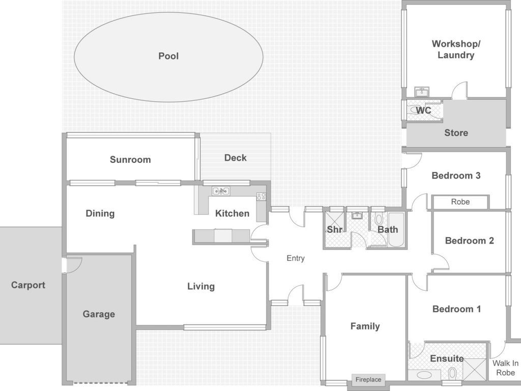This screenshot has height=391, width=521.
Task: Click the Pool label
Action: tap(168, 56)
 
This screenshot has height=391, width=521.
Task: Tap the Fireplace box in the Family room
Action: tap(368, 380)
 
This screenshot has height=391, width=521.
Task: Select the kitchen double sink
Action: tap(221, 191)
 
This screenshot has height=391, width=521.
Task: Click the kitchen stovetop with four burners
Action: tap(261, 196)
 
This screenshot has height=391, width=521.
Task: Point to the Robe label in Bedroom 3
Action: tap(460, 202)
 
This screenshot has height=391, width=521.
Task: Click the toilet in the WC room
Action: tap(415, 109)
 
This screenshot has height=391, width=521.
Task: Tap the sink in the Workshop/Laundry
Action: tap(422, 92)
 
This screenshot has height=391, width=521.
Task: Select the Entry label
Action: tap(296, 258)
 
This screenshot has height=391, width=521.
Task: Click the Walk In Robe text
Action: tap(505, 368)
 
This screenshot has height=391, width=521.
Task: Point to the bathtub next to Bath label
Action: tap(396, 230)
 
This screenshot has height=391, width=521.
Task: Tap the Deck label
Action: tap(235, 158)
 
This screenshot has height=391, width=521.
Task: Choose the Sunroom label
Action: tap(130, 159)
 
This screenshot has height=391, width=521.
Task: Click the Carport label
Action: tap(28, 285)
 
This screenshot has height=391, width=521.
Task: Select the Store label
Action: tap(456, 133)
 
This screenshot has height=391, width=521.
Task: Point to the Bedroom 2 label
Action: tap(469, 241)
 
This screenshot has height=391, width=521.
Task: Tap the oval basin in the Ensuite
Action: tap(424, 375)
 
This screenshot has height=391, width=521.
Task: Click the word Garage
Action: tap(99, 314)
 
